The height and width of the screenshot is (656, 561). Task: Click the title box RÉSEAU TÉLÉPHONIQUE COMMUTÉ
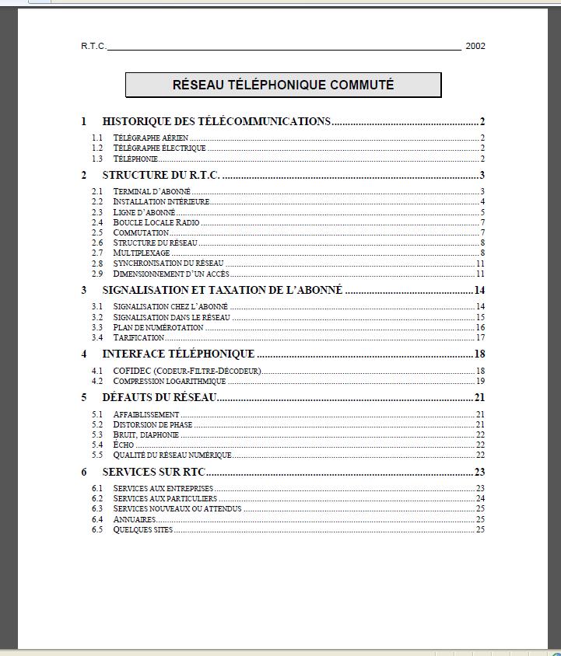point(283,85)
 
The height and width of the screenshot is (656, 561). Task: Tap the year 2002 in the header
point(475,46)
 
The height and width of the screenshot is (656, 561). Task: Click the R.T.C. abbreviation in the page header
point(93,46)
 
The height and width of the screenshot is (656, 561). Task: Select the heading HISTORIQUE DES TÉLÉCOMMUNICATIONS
point(216,121)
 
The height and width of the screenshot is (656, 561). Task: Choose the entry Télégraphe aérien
point(150,138)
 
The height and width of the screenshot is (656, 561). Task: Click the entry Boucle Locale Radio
point(156,222)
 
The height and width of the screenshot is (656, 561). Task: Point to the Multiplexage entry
point(142,253)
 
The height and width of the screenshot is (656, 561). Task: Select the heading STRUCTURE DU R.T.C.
point(161,175)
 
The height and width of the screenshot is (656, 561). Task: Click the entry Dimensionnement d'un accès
point(170,274)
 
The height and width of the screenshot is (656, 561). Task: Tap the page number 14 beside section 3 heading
point(479,291)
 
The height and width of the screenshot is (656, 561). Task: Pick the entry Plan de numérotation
point(158,327)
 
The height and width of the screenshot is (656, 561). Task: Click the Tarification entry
point(138,337)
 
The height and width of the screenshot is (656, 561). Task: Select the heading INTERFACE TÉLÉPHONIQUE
point(178,354)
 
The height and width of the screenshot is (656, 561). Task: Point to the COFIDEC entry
point(187,371)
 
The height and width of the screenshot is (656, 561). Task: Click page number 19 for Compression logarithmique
point(480,381)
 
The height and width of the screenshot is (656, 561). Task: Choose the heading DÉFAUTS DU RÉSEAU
point(160,398)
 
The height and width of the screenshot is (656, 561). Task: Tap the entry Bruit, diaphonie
point(146,434)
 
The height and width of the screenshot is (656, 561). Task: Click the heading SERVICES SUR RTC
point(154,472)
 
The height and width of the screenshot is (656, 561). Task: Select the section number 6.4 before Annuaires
point(96,519)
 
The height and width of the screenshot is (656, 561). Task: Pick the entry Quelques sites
point(143,529)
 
